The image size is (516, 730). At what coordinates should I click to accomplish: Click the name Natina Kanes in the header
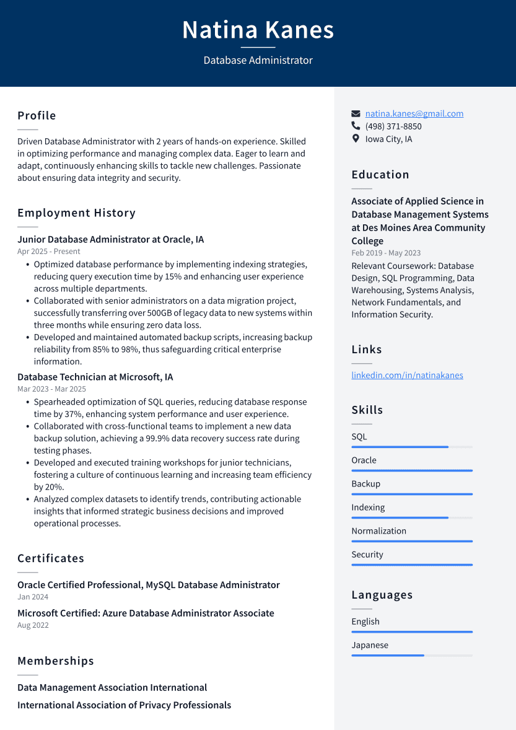tap(258, 30)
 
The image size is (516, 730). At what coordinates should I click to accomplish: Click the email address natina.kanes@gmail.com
tap(414, 113)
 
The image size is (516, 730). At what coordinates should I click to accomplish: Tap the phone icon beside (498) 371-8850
tap(356, 126)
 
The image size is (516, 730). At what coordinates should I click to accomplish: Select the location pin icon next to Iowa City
tap(356, 139)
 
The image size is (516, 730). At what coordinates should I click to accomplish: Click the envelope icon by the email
tap(356, 114)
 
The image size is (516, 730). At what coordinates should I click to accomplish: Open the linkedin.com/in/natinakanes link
tap(407, 375)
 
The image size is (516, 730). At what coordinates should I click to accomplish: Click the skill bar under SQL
tap(411, 447)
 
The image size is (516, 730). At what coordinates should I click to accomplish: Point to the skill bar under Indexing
tap(411, 517)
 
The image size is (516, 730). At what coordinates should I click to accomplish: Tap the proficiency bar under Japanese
tap(411, 655)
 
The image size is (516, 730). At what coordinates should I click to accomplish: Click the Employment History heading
tap(76, 213)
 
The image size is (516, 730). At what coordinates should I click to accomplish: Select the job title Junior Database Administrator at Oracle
tap(110, 239)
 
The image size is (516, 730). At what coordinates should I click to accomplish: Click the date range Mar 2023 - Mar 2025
tap(51, 389)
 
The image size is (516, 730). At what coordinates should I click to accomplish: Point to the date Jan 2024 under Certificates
tap(33, 597)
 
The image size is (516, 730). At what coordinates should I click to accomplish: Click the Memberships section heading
tap(56, 661)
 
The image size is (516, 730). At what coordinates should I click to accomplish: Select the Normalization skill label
tap(378, 531)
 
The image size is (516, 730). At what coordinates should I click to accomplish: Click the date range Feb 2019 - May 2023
tap(386, 253)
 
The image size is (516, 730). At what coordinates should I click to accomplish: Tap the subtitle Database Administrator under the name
tap(258, 60)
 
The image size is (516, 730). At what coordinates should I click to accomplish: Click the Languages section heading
tap(382, 595)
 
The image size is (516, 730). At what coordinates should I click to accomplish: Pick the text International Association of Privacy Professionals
tap(124, 705)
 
